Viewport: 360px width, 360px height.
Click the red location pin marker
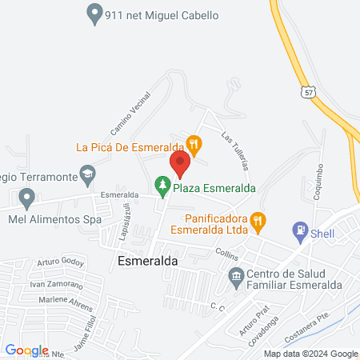[x=180, y=164]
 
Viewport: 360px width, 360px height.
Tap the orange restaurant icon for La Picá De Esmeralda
[x=194, y=144]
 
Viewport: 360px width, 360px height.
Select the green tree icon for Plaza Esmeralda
[x=163, y=187]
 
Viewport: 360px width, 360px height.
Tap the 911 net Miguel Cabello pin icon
[x=94, y=13]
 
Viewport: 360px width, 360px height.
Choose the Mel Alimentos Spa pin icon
[x=27, y=197]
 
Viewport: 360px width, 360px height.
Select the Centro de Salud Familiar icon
[x=236, y=279]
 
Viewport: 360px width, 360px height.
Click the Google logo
[x=26, y=350]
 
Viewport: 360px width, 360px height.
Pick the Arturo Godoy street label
[x=60, y=262]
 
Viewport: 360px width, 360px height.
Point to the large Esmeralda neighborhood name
[x=146, y=261]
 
